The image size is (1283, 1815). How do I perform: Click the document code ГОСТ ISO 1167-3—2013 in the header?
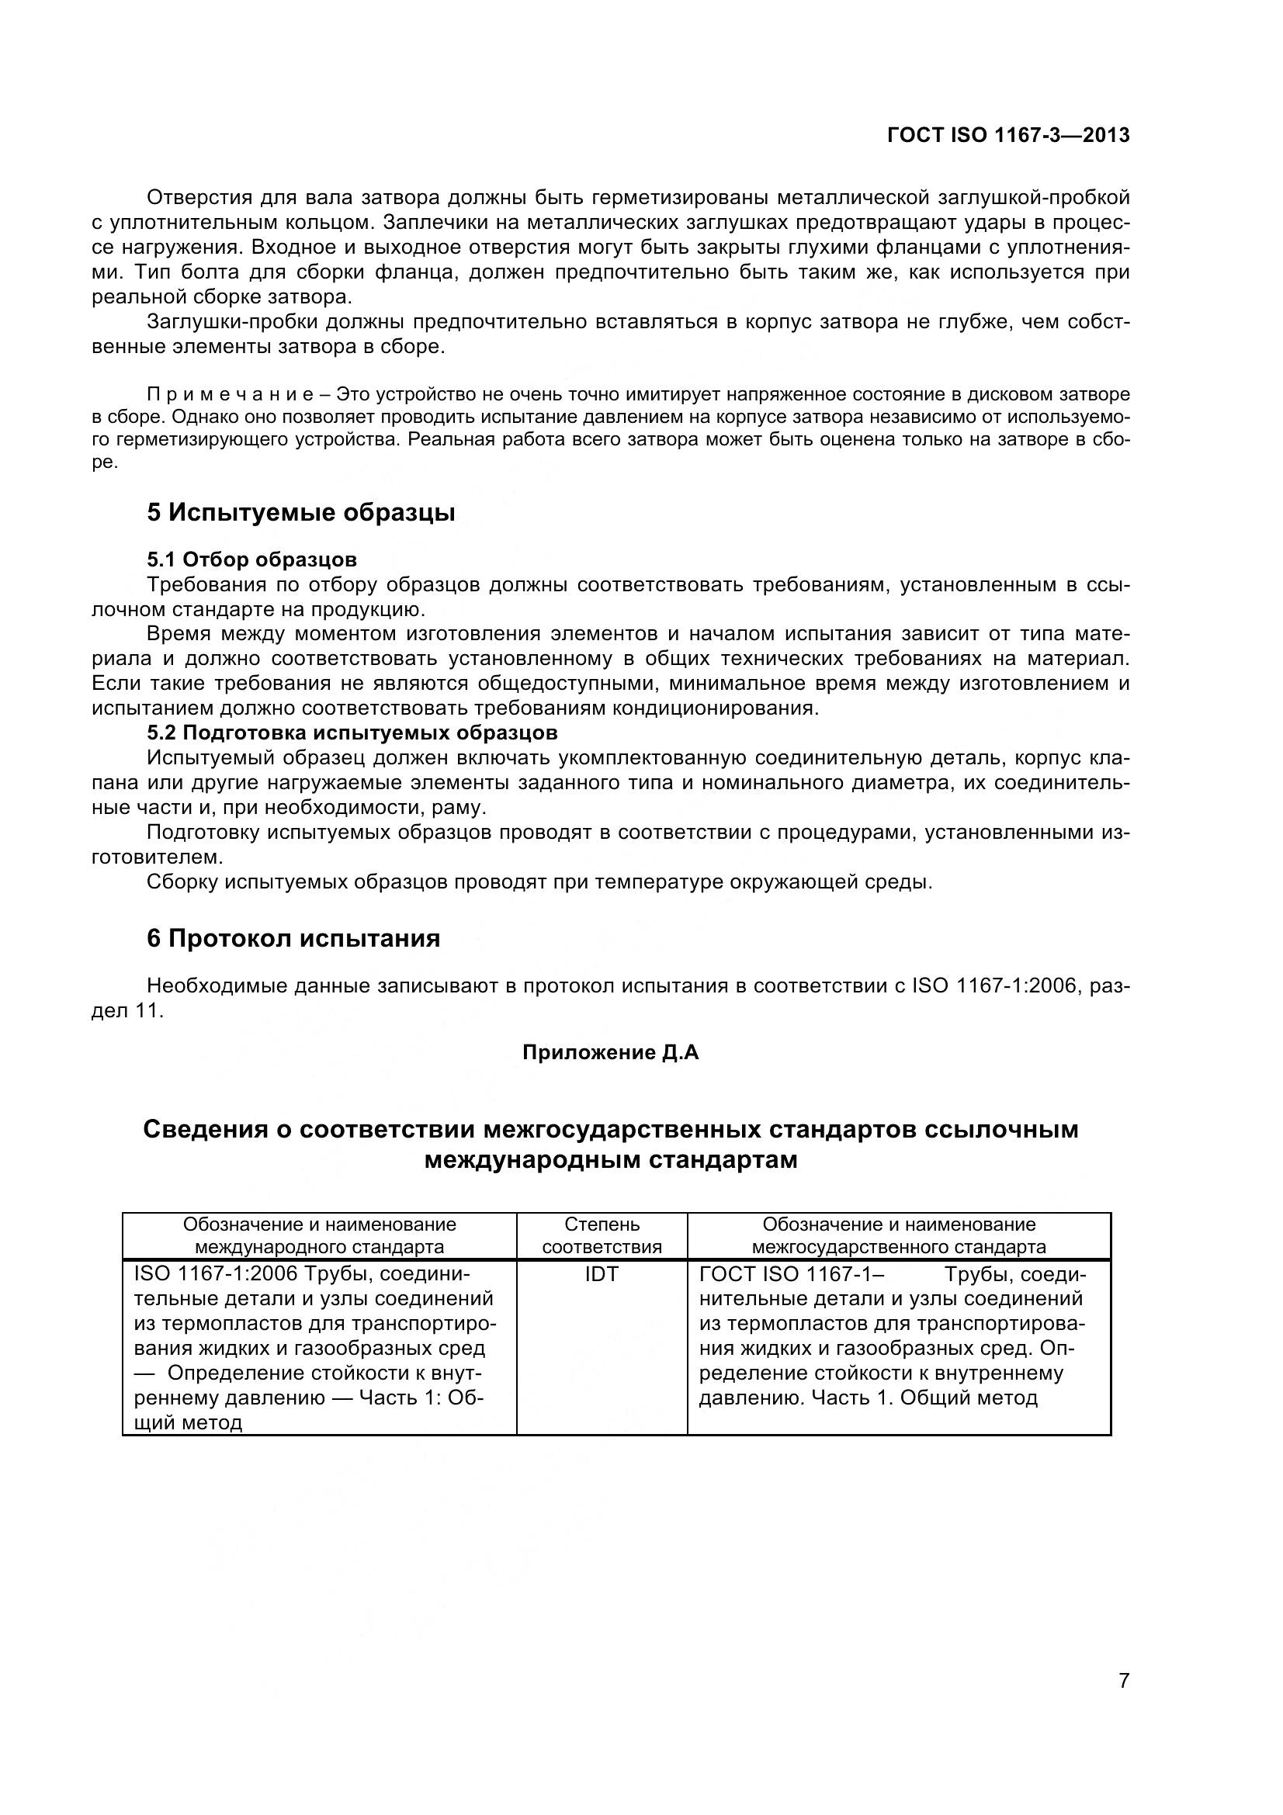1008,135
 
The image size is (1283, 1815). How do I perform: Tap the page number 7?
1123,1702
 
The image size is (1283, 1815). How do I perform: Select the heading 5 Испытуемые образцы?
300,512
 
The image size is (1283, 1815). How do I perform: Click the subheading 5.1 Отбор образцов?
251,559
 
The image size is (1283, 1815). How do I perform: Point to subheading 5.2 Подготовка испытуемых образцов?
352,732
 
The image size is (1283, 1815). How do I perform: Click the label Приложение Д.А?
610,1053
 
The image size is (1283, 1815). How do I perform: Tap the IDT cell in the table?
602,1273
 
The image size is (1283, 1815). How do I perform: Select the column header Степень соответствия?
602,1235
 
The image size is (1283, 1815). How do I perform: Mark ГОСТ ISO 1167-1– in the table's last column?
792,1273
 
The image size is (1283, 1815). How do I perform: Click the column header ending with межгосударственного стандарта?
899,1235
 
